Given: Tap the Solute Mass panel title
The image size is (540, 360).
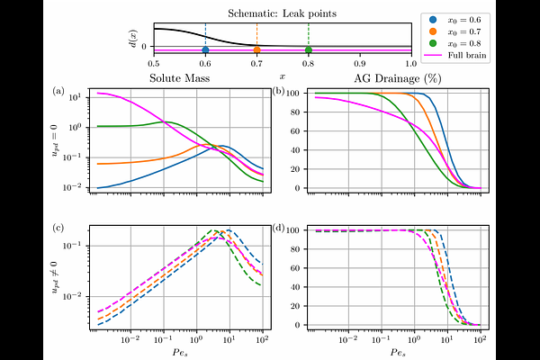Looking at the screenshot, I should click(175, 82).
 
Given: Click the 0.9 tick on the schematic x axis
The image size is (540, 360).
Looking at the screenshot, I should click(360, 67).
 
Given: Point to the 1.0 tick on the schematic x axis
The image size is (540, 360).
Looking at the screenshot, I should click(411, 67).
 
